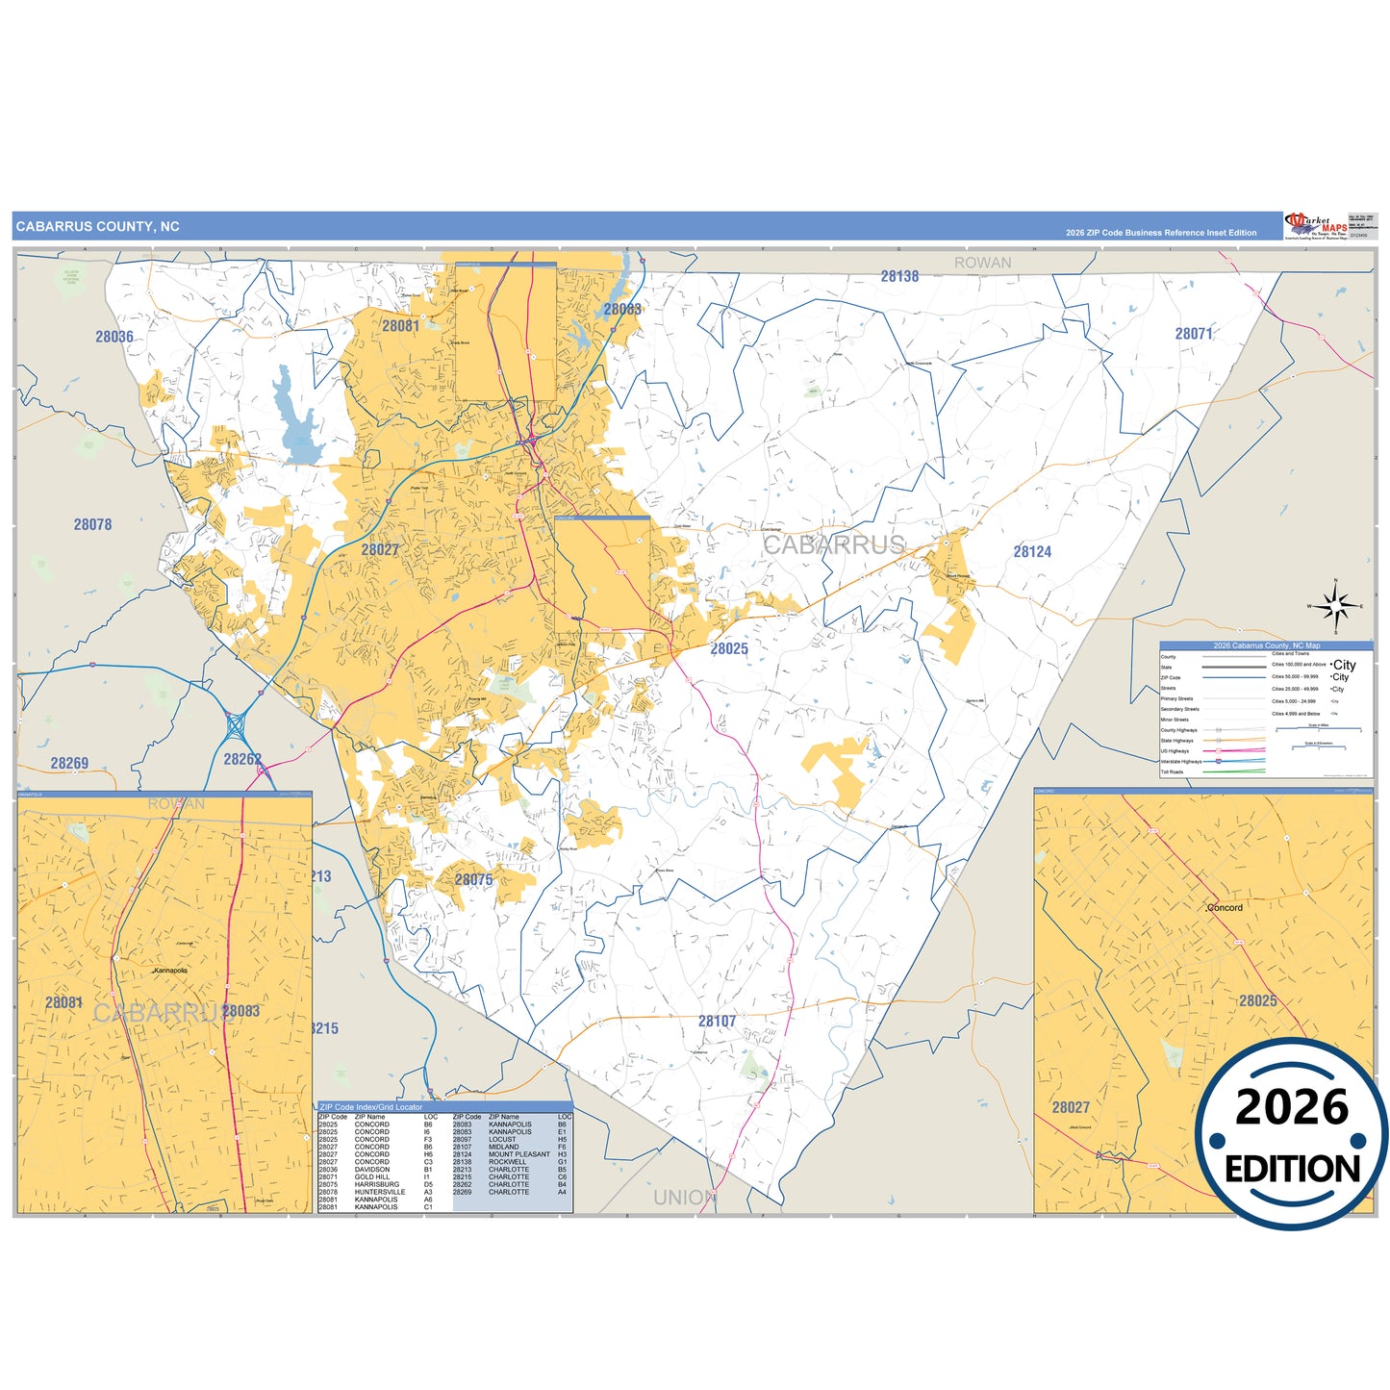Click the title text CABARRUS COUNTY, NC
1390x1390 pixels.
point(97,227)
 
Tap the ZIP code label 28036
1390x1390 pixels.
point(114,337)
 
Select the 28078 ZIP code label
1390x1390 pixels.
point(92,524)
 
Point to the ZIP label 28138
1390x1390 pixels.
point(899,276)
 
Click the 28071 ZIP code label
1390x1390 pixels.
point(1194,334)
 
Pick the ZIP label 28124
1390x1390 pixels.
point(1032,551)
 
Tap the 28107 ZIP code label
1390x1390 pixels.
point(717,1021)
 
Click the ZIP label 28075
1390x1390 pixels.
point(473,879)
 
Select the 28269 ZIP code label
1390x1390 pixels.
point(69,763)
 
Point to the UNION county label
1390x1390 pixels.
point(684,1198)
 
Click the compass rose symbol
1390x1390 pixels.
point(1335,606)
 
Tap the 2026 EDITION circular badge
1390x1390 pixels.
point(1292,1135)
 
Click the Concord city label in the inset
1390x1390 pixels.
point(1226,907)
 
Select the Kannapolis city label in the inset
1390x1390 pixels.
point(171,971)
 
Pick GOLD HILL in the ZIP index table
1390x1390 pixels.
point(372,1176)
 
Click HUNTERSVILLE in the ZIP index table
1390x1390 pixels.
point(380,1192)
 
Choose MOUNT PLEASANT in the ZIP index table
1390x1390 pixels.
point(519,1154)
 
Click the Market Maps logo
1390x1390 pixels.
point(1316,226)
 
